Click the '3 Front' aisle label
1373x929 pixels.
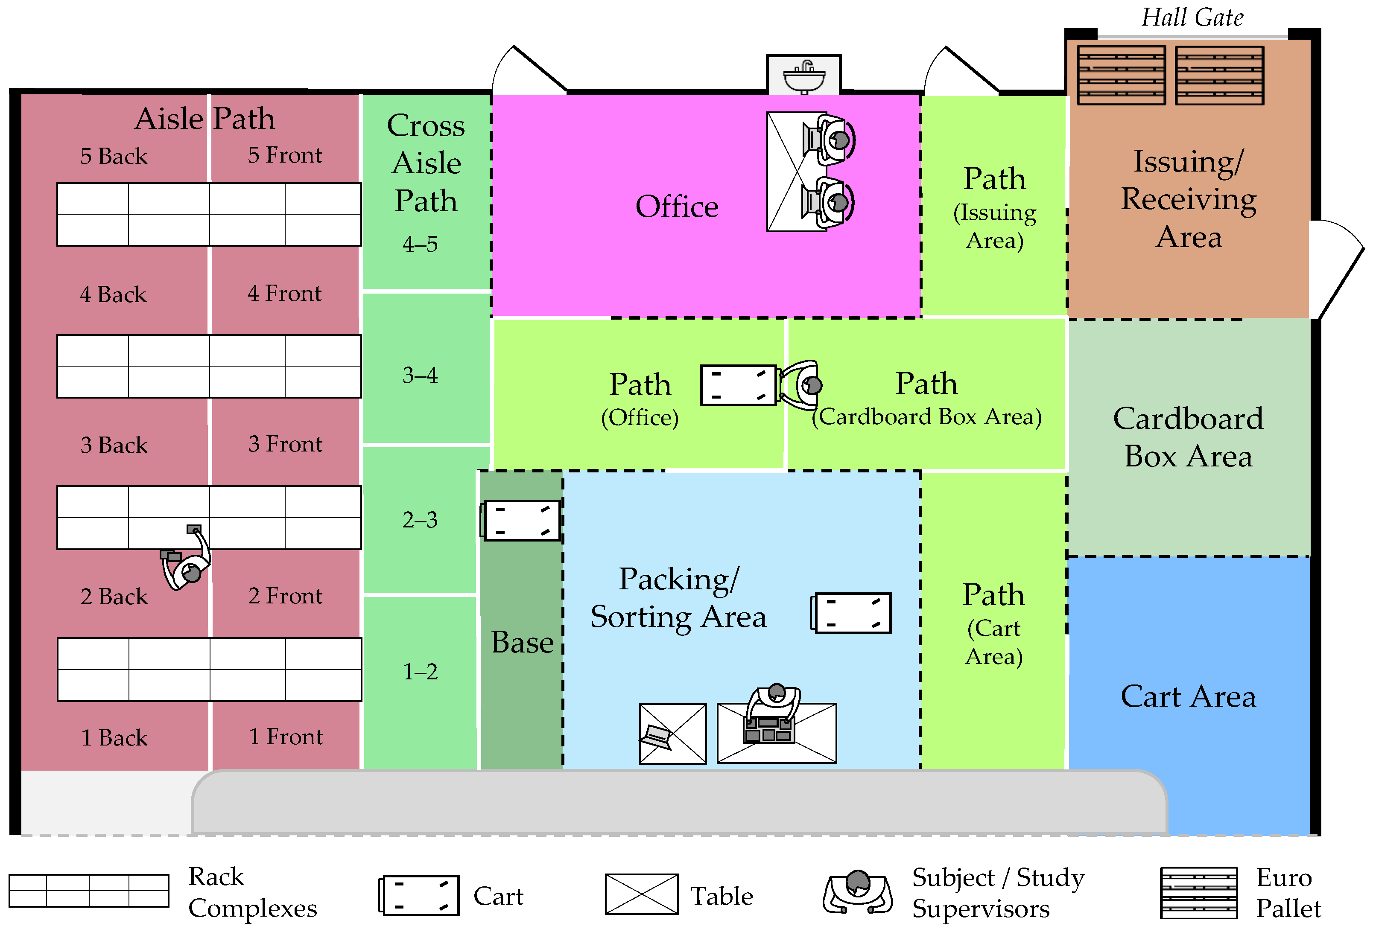[x=285, y=443]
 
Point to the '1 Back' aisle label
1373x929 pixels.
[x=114, y=738]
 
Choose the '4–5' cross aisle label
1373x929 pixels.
[x=420, y=244]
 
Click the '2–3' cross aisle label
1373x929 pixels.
[x=420, y=520]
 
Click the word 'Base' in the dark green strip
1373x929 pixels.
[x=522, y=642]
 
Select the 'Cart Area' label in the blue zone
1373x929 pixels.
[x=1188, y=696]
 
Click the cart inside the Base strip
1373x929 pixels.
[x=520, y=520]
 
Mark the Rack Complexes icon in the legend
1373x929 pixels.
[x=89, y=891]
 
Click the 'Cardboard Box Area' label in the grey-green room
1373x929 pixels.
[x=1188, y=437]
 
